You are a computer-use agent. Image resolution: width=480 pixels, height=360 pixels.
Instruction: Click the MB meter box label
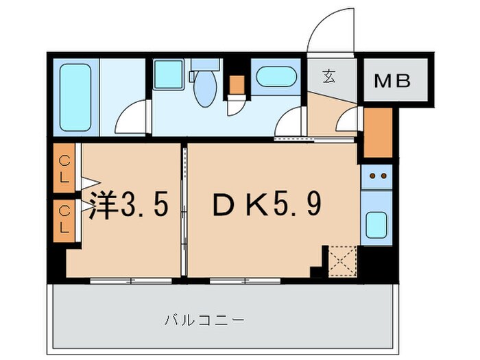point(392,81)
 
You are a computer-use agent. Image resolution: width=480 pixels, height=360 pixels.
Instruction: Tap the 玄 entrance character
point(330,76)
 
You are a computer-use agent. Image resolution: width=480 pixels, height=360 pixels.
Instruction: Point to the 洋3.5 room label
point(129,205)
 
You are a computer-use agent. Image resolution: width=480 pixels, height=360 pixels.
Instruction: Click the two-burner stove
point(376,176)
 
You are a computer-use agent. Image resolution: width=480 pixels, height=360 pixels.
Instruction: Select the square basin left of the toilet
point(168,75)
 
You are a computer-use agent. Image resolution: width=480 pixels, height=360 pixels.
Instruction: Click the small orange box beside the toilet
point(237,84)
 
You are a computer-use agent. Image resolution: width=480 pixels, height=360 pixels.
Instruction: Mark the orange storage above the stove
point(376,132)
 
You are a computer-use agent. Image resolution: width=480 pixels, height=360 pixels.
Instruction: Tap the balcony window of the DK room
point(245,280)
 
